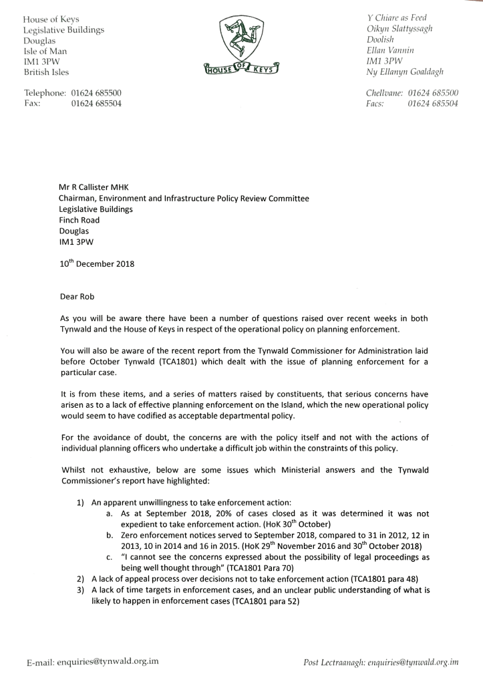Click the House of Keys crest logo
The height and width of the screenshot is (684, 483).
click(241, 44)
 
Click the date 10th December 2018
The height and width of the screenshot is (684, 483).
click(96, 263)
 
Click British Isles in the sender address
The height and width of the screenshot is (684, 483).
click(46, 72)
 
